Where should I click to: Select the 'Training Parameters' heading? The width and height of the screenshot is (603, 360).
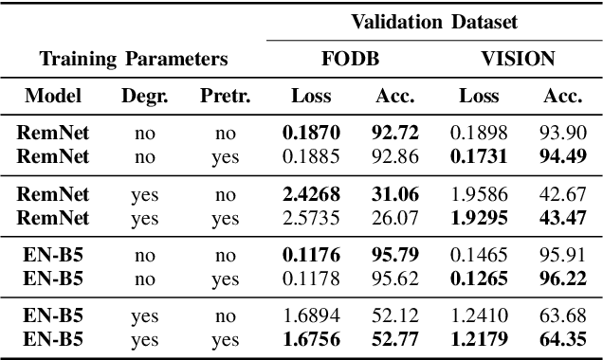(x=134, y=59)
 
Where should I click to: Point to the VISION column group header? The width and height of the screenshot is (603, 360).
(x=517, y=59)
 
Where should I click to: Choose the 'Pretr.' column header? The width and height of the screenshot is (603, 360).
(x=226, y=96)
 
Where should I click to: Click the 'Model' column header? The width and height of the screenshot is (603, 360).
(x=53, y=96)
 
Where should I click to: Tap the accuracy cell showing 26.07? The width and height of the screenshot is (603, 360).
(x=390, y=218)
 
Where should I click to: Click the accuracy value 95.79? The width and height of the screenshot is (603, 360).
(x=390, y=255)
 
